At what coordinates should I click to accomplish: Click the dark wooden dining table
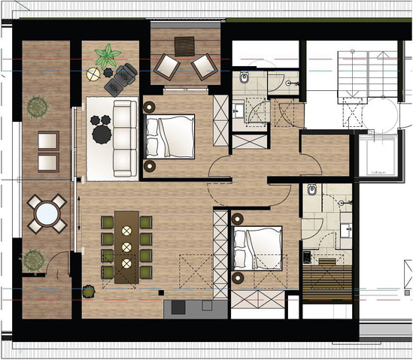126,245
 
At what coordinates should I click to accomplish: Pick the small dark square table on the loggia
184,45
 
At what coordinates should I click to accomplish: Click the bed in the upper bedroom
172,136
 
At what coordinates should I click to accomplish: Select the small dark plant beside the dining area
89,289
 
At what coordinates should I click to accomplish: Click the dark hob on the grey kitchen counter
179,307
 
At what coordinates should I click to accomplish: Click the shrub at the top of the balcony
35,107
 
